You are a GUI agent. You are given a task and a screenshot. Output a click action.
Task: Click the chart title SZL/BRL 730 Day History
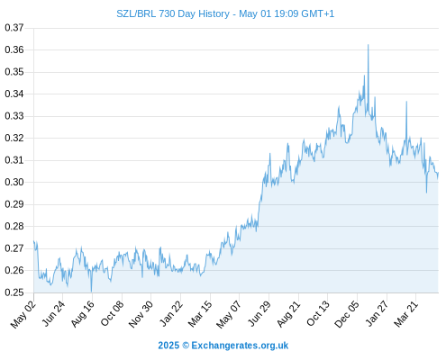[173, 13]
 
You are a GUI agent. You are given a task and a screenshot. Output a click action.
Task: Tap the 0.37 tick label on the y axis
[14, 28]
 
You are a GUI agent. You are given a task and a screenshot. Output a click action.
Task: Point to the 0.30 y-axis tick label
[14, 182]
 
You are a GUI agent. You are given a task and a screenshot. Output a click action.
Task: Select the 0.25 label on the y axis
[14, 292]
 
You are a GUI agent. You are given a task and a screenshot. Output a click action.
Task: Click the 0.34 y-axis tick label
[14, 94]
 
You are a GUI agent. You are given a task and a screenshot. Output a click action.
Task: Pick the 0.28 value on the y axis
[14, 226]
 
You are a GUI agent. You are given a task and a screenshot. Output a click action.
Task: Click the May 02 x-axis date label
[23, 314]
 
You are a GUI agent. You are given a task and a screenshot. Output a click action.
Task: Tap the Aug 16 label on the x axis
[82, 313]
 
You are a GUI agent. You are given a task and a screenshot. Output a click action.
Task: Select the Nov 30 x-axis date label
[141, 314]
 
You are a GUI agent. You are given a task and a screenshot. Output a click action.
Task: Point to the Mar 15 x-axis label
[200, 313]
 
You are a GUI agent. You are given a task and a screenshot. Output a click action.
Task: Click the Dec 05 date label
[346, 314]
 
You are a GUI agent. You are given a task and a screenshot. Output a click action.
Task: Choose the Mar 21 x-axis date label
[405, 313]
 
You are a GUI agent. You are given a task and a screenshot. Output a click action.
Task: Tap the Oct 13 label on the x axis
[318, 313]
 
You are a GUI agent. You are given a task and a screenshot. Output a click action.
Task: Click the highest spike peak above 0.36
[369, 45]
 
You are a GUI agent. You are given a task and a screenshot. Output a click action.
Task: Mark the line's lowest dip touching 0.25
[91, 292]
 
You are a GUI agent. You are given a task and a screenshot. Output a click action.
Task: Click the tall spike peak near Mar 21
[406, 102]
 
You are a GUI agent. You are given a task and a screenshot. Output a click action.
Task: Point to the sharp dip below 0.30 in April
[426, 193]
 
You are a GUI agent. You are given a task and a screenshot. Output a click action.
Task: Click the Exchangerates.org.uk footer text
[240, 346]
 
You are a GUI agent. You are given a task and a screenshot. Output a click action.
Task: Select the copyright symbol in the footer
[186, 346]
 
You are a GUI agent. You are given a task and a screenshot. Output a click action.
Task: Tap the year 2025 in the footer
[168, 346]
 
